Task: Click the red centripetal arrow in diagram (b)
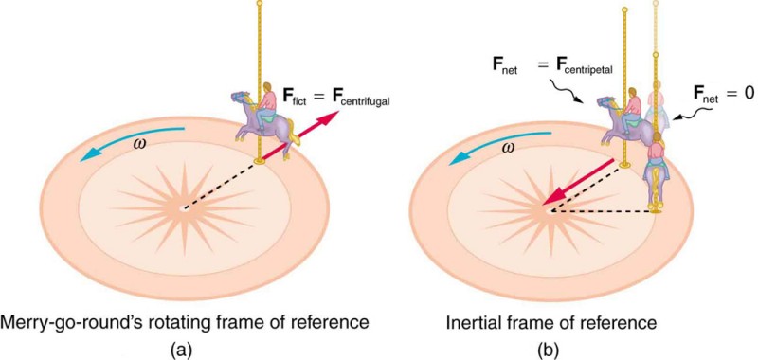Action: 576,182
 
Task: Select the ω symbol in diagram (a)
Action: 140,145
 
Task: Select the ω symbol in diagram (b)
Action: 508,148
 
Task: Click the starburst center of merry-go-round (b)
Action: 547,208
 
